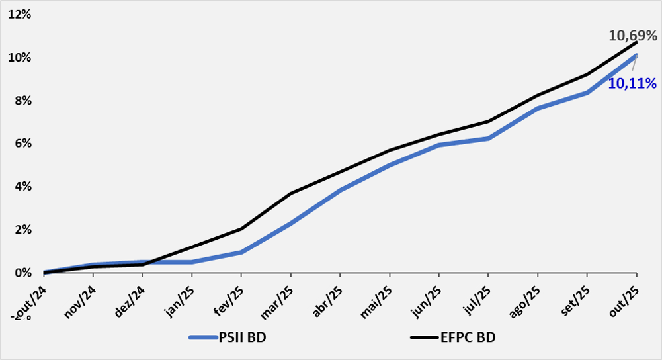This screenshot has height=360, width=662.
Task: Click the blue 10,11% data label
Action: [632, 83]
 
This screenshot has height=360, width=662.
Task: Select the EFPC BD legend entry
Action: [467, 337]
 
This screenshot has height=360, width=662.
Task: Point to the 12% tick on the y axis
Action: [19, 15]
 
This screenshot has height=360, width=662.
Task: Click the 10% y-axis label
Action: [19, 58]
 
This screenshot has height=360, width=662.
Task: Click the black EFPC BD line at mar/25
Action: [290, 193]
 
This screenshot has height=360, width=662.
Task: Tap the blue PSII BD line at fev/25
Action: [241, 252]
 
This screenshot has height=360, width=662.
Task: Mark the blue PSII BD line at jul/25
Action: [488, 138]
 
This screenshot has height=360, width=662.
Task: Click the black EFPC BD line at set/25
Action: [587, 74]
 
